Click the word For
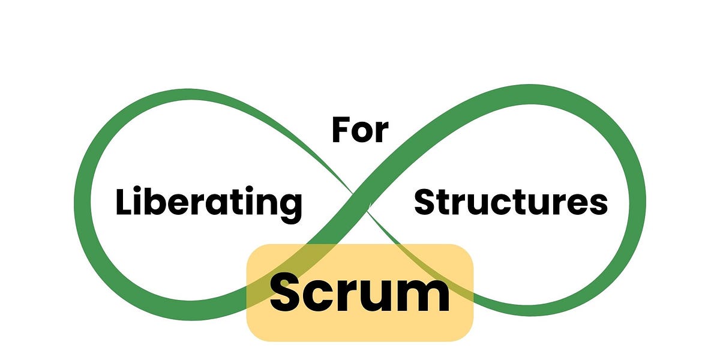[x=360, y=131]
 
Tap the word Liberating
[x=208, y=203]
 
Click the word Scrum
[x=359, y=292]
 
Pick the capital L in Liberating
[x=123, y=202]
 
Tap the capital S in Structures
[x=425, y=202]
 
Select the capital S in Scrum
[x=285, y=292]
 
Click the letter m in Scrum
[x=425, y=296]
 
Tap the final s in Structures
[x=598, y=205]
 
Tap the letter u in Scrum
[x=379, y=297]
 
